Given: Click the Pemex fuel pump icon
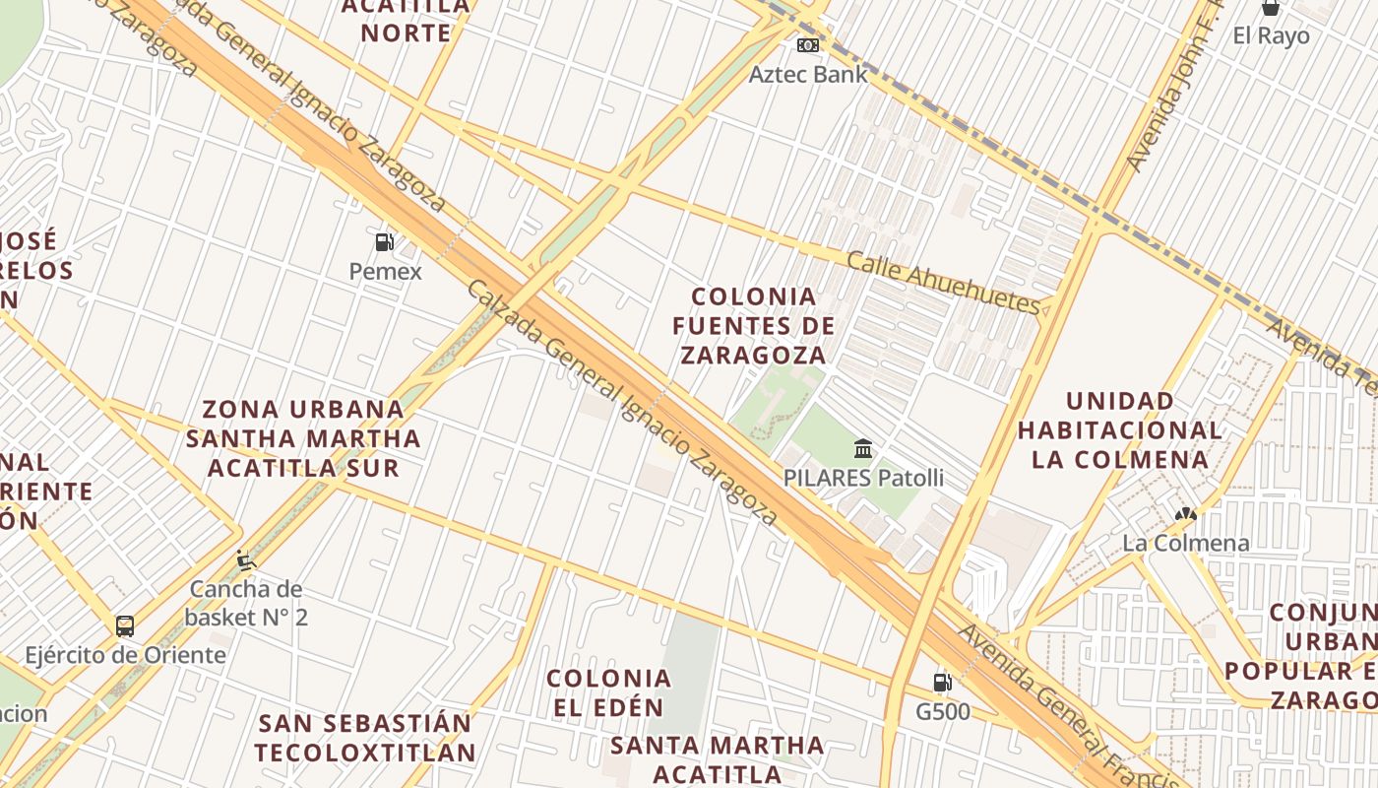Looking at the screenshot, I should [384, 241].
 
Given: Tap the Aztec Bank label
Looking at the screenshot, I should [808, 74].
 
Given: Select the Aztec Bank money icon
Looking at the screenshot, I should [808, 45].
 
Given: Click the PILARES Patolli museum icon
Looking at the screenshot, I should [863, 449].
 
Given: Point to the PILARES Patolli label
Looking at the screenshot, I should [863, 479].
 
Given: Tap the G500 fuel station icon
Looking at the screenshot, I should [942, 682].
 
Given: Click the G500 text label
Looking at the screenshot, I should [942, 711].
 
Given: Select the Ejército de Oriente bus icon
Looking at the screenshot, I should [125, 625].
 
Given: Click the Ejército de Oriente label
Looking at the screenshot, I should [125, 655].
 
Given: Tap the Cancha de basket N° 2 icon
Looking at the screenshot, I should [246, 560].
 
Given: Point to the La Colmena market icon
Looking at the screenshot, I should [1185, 514].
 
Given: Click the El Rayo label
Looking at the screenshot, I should [1271, 36].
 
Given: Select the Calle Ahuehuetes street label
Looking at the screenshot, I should [942, 283].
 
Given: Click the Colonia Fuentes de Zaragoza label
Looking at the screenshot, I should [754, 325].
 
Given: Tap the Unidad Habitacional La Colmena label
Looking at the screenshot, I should [1120, 430].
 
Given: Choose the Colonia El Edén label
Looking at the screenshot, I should [608, 692].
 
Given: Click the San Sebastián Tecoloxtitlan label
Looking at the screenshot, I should [366, 738].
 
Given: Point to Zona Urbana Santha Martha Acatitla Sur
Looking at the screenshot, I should [303, 437].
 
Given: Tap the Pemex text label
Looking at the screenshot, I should [385, 271].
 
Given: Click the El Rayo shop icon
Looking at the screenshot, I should [1271, 8].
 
